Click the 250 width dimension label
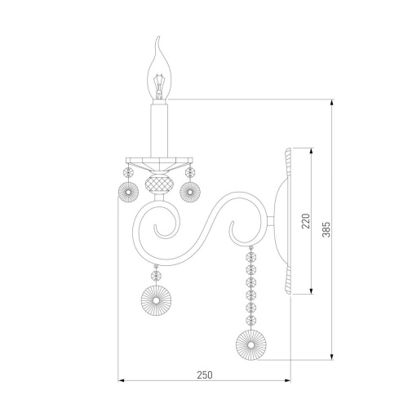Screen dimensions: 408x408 tap(205, 375)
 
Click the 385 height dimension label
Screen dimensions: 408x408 tap(326, 229)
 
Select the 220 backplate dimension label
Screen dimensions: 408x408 tap(306, 221)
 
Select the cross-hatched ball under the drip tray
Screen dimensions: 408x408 tap(156, 184)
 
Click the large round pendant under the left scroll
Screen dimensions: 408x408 tap(157, 300)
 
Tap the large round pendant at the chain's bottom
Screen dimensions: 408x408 tap(251, 345)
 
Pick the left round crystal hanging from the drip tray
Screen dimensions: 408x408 tap(128, 192)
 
